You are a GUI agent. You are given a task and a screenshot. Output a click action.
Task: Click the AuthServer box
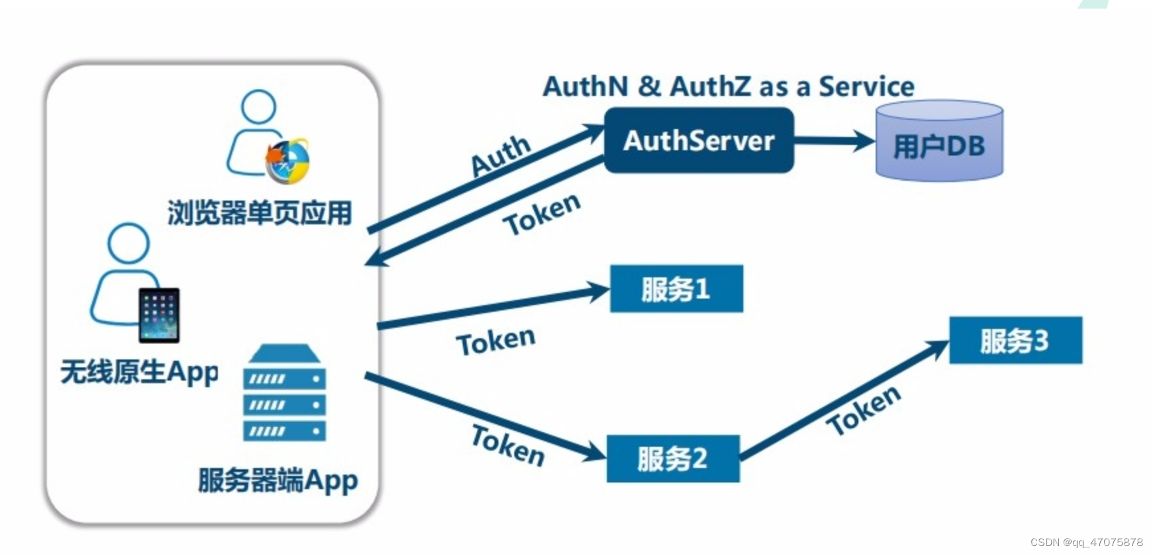[x=698, y=140]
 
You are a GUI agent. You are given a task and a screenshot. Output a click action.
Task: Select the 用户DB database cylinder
[x=939, y=142]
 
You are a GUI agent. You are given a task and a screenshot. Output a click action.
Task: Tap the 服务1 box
[x=676, y=289]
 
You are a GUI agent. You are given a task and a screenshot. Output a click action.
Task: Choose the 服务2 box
[x=672, y=458]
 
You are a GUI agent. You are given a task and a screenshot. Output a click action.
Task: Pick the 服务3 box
[x=1015, y=340]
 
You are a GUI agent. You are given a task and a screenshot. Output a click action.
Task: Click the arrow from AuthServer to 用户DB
[x=834, y=140]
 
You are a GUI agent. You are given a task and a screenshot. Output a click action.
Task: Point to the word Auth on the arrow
[x=500, y=156]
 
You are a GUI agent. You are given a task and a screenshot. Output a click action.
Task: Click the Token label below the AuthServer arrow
[x=541, y=213]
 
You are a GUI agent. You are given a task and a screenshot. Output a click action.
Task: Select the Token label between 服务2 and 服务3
[x=864, y=410]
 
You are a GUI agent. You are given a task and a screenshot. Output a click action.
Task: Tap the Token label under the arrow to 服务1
[x=496, y=342]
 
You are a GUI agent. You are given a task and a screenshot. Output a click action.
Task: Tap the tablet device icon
[x=159, y=315]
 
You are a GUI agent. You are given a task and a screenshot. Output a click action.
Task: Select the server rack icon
[x=284, y=393]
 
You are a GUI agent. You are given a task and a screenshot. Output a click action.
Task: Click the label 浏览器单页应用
[x=259, y=213]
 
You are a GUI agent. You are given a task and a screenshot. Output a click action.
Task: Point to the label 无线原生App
[x=139, y=372]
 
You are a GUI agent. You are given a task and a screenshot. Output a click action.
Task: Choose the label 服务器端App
[x=278, y=480]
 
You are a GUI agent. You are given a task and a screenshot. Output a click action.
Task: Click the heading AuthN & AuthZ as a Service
[x=728, y=87]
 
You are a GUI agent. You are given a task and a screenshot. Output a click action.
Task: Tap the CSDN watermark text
[x=1086, y=542]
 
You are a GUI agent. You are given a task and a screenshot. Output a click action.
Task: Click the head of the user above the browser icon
[x=258, y=107]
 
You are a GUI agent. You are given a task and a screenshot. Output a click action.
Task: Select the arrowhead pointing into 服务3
[x=939, y=348]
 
